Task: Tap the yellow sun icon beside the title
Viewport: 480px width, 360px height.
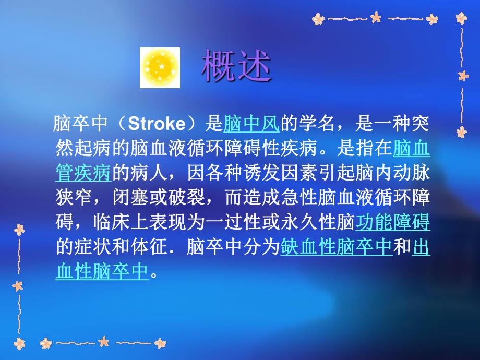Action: coord(160,68)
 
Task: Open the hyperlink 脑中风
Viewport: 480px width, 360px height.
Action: coord(251,125)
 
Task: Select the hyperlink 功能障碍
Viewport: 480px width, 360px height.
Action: coord(392,223)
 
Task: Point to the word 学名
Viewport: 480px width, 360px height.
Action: coord(318,125)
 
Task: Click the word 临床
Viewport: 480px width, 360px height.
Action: coord(112,223)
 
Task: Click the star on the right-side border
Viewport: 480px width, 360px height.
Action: coord(463,76)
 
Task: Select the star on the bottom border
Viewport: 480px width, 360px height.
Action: coord(104,342)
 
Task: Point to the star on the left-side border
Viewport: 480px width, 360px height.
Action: coord(18,286)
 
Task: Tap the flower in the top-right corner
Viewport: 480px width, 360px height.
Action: coord(461,18)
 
